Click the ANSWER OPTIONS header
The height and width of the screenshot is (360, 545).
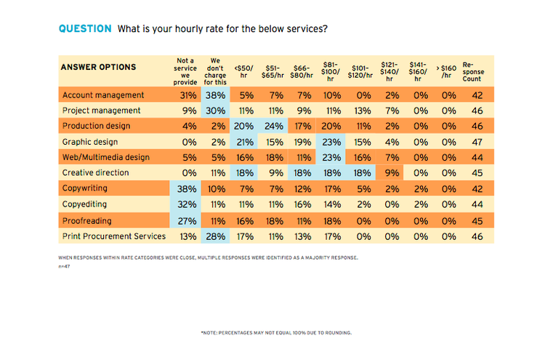tap(99, 68)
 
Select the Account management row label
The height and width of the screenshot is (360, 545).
tap(103, 95)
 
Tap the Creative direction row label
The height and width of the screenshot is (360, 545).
tap(95, 173)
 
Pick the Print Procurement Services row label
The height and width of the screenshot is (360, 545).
tap(114, 236)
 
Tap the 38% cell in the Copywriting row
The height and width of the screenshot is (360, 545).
tap(188, 188)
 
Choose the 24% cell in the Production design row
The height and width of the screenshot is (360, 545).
tap(275, 126)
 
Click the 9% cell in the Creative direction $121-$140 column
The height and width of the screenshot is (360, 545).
tap(392, 173)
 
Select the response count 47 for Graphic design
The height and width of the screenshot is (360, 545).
tap(477, 142)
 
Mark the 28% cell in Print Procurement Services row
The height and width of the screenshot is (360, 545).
tap(215, 236)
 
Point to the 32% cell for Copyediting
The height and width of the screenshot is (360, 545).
tap(188, 204)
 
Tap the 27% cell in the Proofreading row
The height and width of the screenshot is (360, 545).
tap(188, 220)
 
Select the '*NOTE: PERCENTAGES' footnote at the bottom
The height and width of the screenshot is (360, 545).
tap(276, 332)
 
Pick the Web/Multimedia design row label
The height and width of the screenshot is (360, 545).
tap(106, 157)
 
